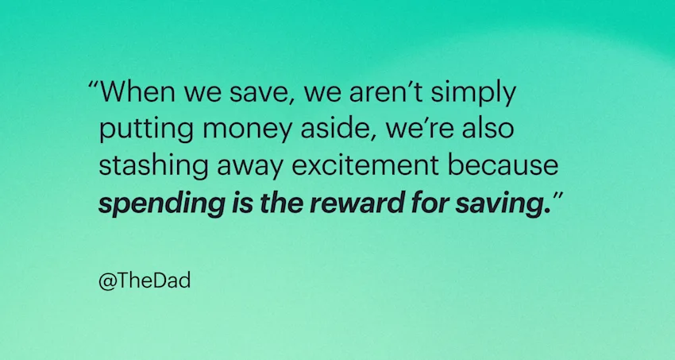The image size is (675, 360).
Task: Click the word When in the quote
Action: tap(137, 94)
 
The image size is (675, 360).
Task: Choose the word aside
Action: tap(318, 130)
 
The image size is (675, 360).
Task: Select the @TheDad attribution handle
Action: tap(144, 281)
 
